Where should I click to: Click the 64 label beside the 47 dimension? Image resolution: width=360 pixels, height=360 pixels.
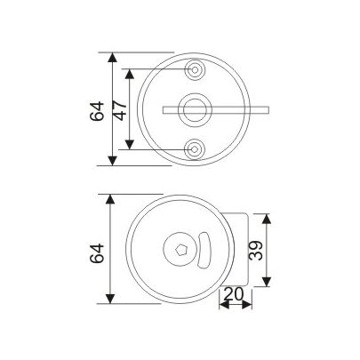98,109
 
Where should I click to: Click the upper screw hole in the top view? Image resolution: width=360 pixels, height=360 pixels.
194,68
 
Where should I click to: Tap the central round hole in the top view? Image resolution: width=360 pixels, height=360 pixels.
194,108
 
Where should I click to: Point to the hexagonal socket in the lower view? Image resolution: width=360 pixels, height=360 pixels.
181,250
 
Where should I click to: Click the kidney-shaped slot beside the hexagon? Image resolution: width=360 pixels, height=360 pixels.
204,250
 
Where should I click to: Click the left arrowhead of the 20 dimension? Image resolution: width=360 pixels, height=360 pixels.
222,304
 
